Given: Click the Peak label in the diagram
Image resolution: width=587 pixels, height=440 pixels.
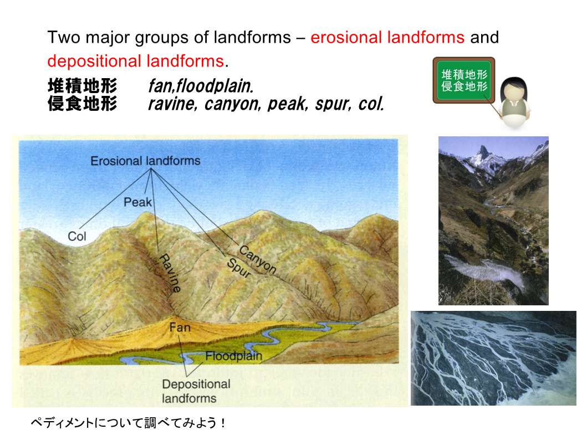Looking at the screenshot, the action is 138,202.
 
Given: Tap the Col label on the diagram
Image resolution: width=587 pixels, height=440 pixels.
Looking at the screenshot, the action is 76,237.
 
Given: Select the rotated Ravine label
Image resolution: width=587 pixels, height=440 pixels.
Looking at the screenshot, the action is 170,273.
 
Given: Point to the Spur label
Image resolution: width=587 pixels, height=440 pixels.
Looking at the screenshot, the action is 238,268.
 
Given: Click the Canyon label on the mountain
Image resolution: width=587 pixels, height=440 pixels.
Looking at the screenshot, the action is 258,259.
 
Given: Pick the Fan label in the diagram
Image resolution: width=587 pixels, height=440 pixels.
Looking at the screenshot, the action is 180,328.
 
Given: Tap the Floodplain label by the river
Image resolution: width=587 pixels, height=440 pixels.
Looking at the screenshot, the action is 233,356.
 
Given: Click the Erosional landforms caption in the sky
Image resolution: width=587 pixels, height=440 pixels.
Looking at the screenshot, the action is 145,161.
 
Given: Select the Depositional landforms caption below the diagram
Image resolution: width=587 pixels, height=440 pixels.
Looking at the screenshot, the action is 196,391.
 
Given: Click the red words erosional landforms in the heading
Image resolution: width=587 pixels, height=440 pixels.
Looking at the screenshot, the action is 387,38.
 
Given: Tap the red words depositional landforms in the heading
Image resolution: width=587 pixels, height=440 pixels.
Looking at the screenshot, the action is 135,61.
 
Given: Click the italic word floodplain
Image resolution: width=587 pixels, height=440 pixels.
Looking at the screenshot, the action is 215,86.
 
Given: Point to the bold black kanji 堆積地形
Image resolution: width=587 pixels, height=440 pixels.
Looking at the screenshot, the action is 83,86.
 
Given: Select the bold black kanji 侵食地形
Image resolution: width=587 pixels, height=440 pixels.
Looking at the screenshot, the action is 83,103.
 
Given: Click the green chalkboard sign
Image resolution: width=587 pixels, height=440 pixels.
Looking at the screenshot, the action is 464,80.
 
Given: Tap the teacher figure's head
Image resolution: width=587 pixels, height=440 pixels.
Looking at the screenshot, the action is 514,91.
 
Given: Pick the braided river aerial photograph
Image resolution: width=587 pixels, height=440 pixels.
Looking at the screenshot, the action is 493,358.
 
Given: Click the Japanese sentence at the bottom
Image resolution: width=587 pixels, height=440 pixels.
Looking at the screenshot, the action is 128,423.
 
